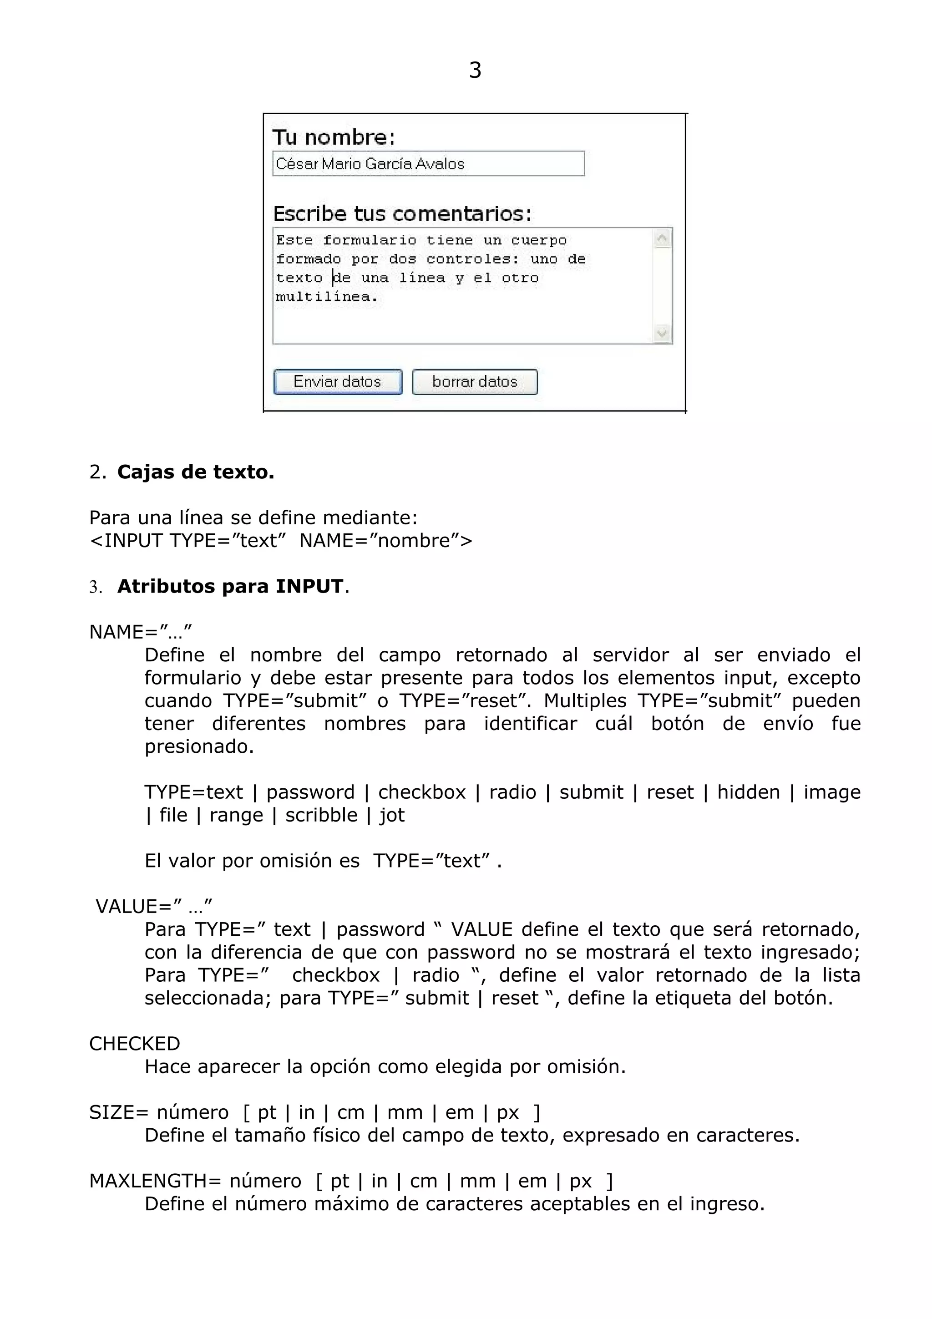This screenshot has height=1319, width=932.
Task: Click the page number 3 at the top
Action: click(475, 70)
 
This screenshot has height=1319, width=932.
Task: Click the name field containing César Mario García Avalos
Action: click(428, 164)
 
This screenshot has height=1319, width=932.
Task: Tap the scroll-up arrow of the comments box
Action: click(662, 238)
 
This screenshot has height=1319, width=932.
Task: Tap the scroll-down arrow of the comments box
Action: click(662, 333)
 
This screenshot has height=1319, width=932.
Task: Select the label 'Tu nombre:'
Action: click(333, 137)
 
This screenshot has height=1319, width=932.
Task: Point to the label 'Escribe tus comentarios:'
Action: click(402, 214)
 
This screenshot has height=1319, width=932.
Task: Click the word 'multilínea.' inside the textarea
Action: click(326, 297)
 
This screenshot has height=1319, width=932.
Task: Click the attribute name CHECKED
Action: click(134, 1043)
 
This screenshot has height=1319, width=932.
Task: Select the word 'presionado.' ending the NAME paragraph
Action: click(199, 746)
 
